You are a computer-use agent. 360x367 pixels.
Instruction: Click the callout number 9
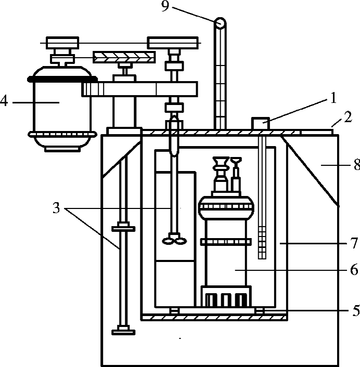[x=165, y=6]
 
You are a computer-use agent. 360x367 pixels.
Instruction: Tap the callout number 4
[x=4, y=101]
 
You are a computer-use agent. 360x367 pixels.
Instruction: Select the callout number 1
[x=333, y=98]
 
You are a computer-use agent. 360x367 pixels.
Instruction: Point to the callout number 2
[x=348, y=117]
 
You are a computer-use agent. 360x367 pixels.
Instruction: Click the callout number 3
[x=57, y=207]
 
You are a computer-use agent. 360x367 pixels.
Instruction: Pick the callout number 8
[x=357, y=165]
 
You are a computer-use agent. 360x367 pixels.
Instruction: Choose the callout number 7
[x=354, y=243]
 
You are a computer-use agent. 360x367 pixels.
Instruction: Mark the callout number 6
[x=354, y=270]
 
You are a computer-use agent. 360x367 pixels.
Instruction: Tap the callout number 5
[x=356, y=310]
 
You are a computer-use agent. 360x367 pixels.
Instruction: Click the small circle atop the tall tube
[x=220, y=23]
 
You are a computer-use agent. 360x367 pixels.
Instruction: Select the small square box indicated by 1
[x=260, y=123]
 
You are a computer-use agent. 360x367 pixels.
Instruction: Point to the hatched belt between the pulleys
[x=124, y=57]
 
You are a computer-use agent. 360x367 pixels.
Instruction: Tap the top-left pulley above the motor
[x=62, y=43]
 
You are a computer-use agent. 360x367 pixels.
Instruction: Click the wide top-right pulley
[x=173, y=43]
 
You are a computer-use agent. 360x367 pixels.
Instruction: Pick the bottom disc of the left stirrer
[x=123, y=332]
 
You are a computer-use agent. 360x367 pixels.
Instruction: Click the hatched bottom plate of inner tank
[x=214, y=318]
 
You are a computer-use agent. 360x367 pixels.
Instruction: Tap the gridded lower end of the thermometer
[x=262, y=242]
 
